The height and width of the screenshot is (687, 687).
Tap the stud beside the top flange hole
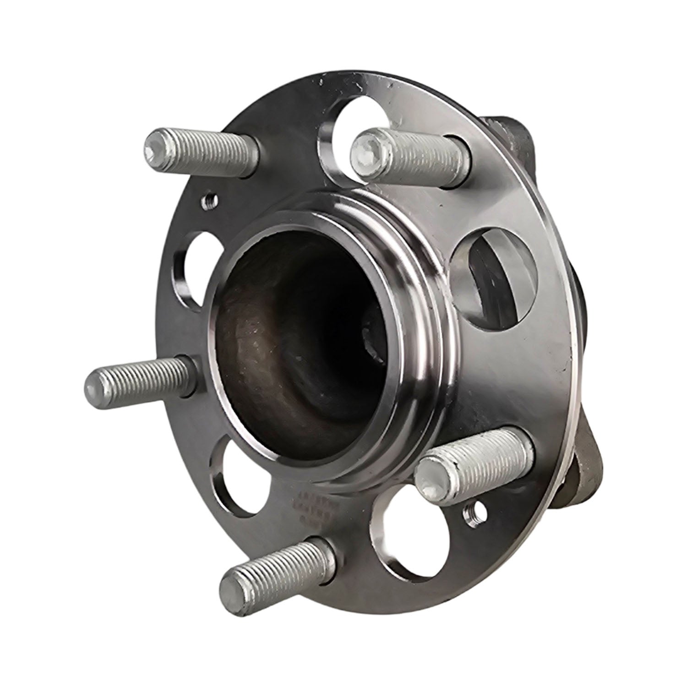[x=408, y=156]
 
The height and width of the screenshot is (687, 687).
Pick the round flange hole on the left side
[x=192, y=270]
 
